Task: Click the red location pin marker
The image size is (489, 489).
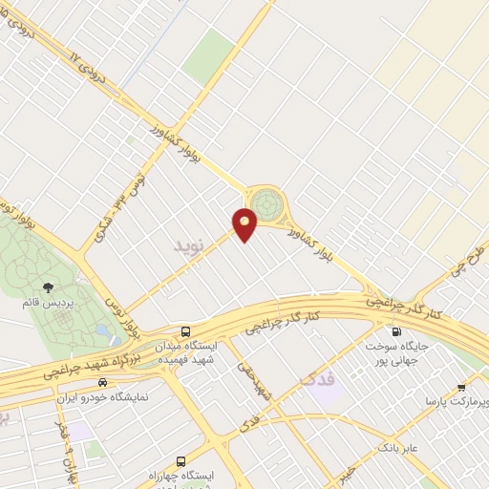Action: pyautogui.click(x=245, y=223)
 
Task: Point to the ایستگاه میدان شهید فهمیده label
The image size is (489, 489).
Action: pyautogui.click(x=184, y=351)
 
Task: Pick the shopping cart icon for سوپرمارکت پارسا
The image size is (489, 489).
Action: pyautogui.click(x=461, y=388)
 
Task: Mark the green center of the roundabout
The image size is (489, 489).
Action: pyautogui.click(x=267, y=203)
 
